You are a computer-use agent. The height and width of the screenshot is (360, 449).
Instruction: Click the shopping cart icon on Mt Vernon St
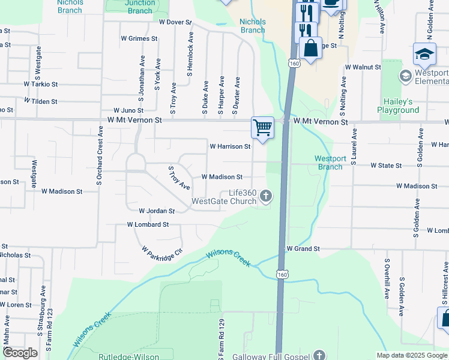[262, 128]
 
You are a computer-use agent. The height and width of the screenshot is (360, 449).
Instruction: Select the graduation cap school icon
[424, 55]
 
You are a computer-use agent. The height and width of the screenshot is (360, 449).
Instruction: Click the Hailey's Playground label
[398, 106]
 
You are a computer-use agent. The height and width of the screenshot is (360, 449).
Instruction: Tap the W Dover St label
[175, 22]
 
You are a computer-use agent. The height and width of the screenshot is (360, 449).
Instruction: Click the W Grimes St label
[139, 38]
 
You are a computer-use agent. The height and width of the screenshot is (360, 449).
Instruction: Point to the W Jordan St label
[156, 211]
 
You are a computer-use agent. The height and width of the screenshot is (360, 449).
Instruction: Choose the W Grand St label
[303, 248]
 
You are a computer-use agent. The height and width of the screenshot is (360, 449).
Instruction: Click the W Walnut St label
[363, 68]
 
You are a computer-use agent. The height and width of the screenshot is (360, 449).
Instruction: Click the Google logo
[19, 353]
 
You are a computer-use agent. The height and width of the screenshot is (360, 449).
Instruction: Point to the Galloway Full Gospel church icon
[319, 355]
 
